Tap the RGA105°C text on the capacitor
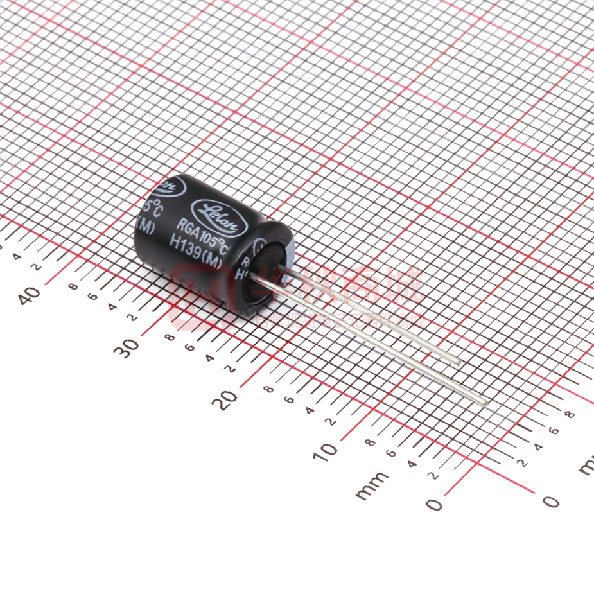coord(203,235)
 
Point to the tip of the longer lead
coord(484,403)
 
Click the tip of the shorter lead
coord(457,362)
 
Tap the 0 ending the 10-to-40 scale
coord(435,505)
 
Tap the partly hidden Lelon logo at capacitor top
coord(168,186)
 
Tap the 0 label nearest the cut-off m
coord(550,500)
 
